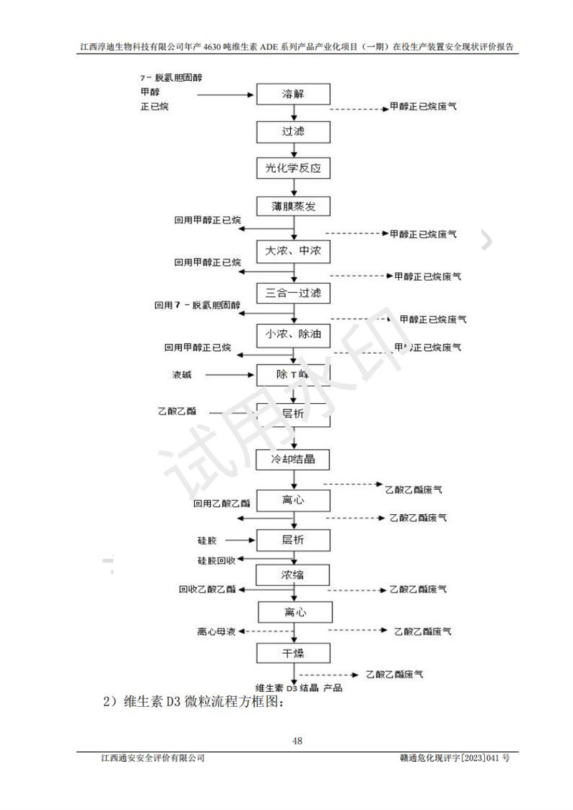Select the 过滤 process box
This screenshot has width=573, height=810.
click(x=294, y=132)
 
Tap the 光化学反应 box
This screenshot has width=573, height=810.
click(x=294, y=169)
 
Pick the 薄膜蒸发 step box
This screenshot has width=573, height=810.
click(x=294, y=207)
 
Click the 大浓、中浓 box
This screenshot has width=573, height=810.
click(x=294, y=252)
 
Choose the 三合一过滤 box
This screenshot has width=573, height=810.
click(x=294, y=292)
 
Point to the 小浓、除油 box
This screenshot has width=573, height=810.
click(x=294, y=334)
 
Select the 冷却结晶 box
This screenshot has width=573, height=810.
click(x=294, y=458)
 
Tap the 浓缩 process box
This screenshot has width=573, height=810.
click(x=294, y=574)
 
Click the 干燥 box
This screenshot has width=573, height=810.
click(x=294, y=653)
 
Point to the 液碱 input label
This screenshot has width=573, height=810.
click(x=182, y=374)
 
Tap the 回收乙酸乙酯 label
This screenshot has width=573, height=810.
click(x=208, y=589)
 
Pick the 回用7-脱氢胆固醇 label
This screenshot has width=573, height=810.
click(x=197, y=305)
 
